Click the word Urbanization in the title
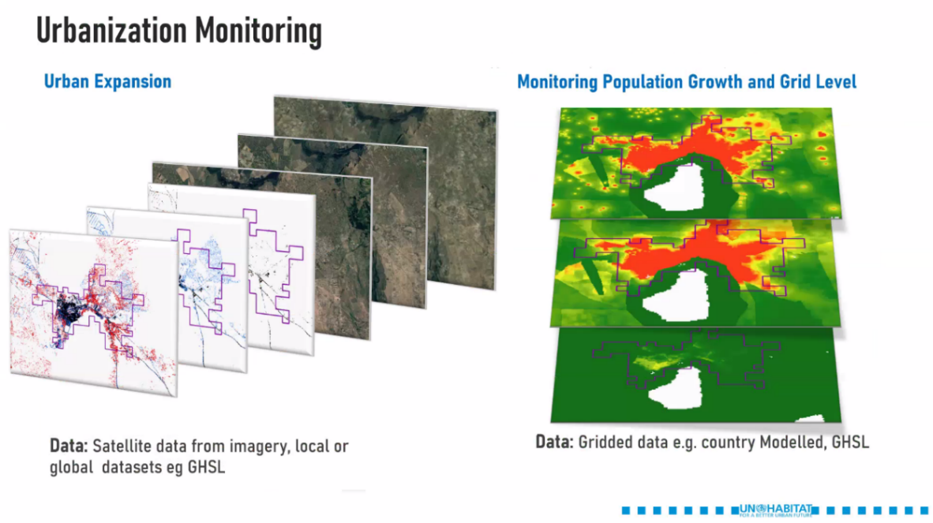pos(111,30)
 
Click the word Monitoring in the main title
pos(258,32)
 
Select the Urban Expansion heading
pos(107,81)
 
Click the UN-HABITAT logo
pos(775,510)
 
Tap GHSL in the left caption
pos(207,467)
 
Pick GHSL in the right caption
pos(850,443)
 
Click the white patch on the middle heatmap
pos(676,297)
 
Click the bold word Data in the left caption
pos(69,446)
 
